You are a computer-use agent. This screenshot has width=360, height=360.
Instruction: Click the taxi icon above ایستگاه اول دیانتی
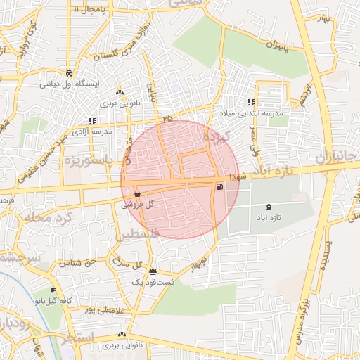tap(68, 73)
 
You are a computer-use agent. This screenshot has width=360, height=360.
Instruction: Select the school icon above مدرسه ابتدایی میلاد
tap(251, 103)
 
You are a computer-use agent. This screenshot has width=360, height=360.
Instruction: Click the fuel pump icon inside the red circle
tap(221, 187)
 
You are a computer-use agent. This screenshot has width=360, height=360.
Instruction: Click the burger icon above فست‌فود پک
tap(153, 272)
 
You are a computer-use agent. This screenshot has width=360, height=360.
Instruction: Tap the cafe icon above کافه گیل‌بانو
tap(53, 290)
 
